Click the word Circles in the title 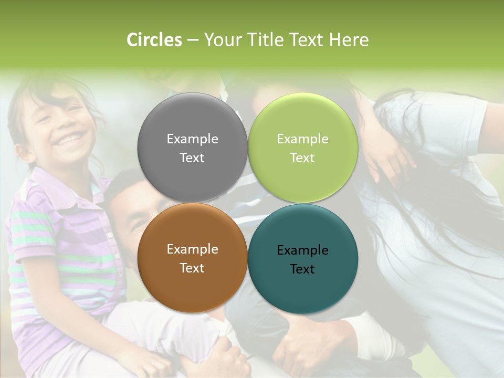coord(154,40)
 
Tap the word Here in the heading coord(349,40)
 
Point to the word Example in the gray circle coord(192,139)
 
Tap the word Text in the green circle coord(302,158)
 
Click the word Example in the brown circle coord(192,249)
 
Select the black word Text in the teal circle coord(302,269)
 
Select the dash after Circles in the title coord(192,40)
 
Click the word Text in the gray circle coord(192,158)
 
